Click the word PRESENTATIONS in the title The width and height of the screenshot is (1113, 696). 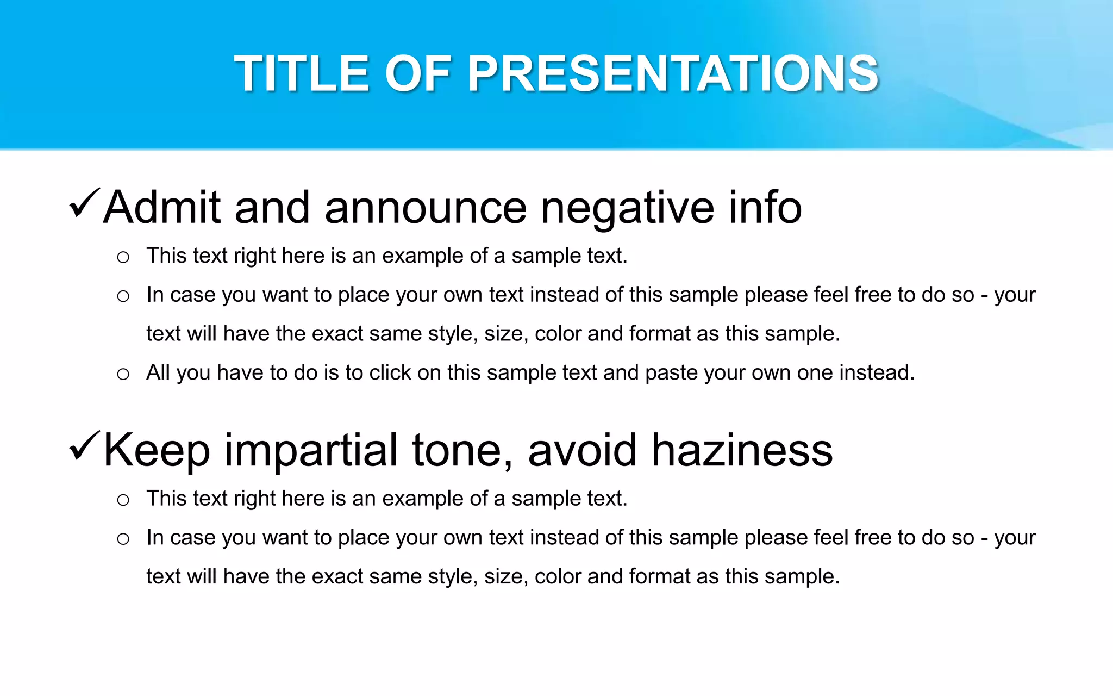pyautogui.click(x=673, y=74)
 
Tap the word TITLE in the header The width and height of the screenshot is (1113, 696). pyautogui.click(x=302, y=74)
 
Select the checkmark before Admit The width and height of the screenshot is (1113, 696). pyautogui.click(x=84, y=203)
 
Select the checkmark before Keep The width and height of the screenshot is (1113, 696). pyautogui.click(x=84, y=446)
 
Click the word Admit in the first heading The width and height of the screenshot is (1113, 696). pyautogui.click(x=162, y=207)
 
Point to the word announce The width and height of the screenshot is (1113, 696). pyautogui.click(x=426, y=208)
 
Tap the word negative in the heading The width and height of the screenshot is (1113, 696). pyautogui.click(x=627, y=208)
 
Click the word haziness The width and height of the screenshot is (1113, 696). pyautogui.click(x=742, y=450)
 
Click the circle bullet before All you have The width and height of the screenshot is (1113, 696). pyautogui.click(x=123, y=374)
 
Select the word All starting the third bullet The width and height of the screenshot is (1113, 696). pyautogui.click(x=158, y=373)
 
